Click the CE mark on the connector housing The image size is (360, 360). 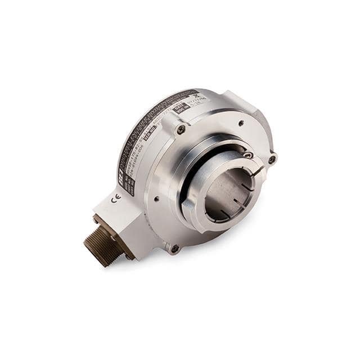(116, 198)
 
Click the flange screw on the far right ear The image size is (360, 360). (272, 159)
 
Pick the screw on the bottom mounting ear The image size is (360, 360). (174, 248)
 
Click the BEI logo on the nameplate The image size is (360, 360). (121, 176)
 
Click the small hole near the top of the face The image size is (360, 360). (241, 122)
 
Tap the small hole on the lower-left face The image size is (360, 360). (155, 198)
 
